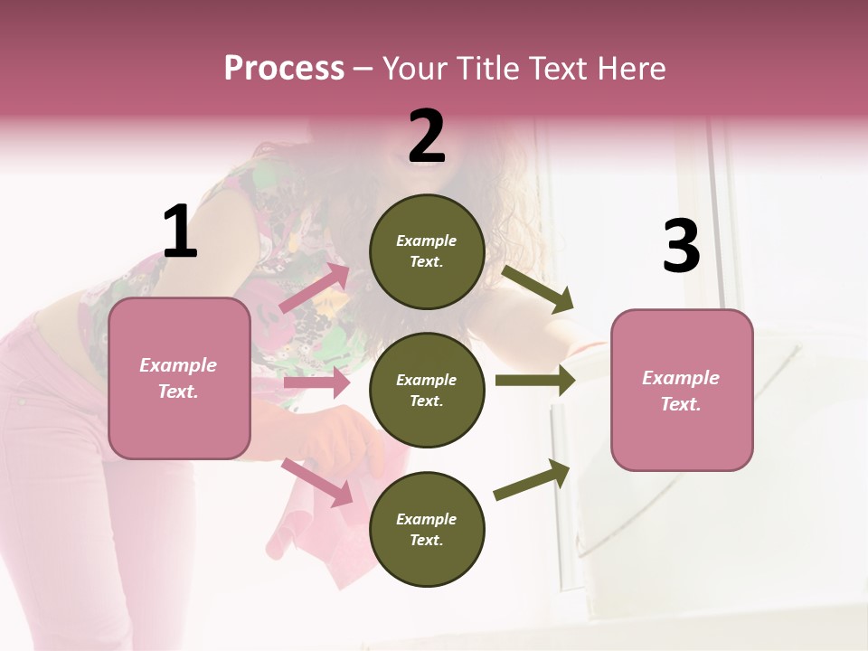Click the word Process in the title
(x=284, y=68)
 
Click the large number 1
(x=180, y=232)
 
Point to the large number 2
(x=427, y=137)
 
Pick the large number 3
(x=681, y=246)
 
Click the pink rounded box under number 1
(x=179, y=378)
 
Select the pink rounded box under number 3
(x=682, y=391)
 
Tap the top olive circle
(x=427, y=251)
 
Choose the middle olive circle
(x=427, y=391)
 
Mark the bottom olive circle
(x=427, y=530)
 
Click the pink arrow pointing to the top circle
(x=315, y=288)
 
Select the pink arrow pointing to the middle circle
(x=316, y=382)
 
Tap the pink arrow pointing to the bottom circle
(x=317, y=482)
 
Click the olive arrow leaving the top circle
(x=537, y=288)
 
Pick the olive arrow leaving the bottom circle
(x=532, y=480)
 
